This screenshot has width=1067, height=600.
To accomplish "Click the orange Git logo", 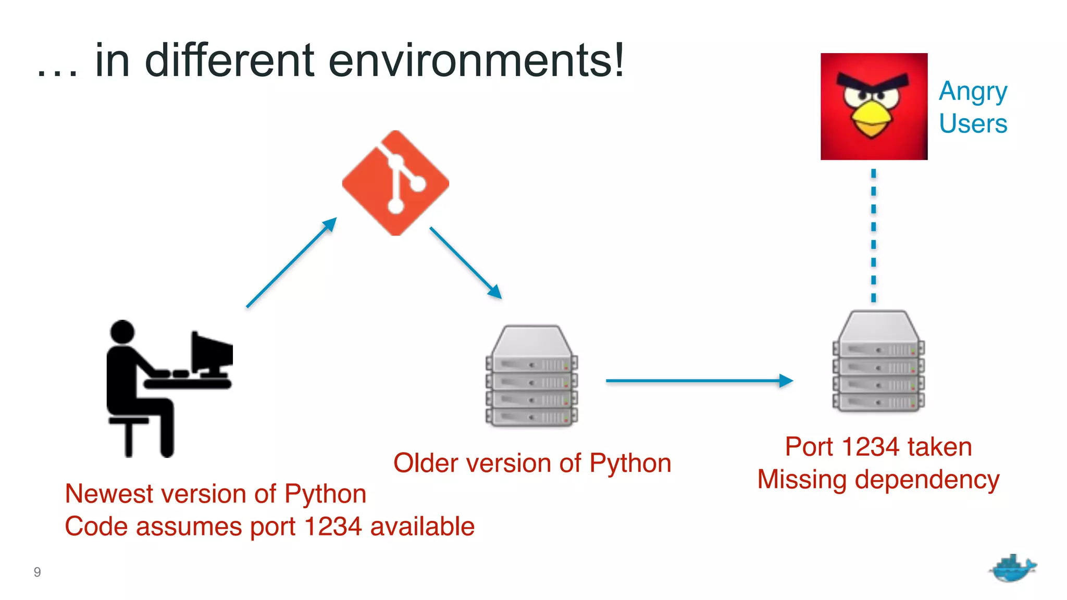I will (395, 183).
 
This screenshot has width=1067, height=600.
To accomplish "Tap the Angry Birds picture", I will (874, 106).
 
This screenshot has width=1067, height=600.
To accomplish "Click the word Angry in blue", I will (973, 92).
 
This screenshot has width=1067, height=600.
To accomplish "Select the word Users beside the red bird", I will (973, 124).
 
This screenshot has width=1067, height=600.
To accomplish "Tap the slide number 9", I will (37, 572).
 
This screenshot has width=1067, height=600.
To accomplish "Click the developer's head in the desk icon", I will (122, 332).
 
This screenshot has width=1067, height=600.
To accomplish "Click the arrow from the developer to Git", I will (292, 262).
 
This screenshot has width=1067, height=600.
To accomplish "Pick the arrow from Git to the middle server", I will (465, 262).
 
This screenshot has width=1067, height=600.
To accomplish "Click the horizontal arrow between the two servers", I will (698, 381).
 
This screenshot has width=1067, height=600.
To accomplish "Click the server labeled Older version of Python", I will (531, 376).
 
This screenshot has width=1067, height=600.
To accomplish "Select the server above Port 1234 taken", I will (878, 361).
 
